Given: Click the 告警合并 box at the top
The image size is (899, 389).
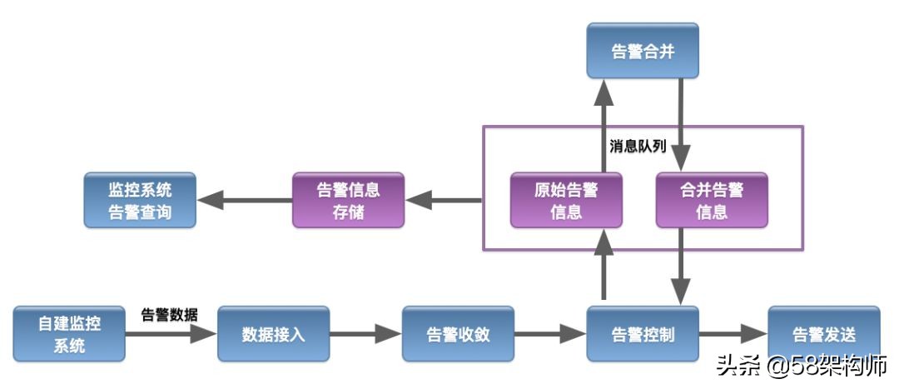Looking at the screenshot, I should click(642, 51).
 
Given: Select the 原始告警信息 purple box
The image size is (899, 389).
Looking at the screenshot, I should click(566, 200).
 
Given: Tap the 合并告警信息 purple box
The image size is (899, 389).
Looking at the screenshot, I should click(712, 200).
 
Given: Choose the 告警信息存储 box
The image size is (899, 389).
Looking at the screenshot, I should click(348, 200).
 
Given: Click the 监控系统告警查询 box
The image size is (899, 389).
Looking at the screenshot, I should click(140, 200).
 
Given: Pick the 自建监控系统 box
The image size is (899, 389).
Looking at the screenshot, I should click(69, 334).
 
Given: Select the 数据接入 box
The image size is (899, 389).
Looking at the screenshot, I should click(273, 334).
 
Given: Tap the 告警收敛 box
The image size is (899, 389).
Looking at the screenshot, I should click(458, 334).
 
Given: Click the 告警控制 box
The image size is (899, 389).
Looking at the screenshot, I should click(642, 334).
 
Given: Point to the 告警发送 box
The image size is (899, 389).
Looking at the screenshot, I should click(822, 334).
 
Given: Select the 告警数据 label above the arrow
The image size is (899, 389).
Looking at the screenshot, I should click(169, 314).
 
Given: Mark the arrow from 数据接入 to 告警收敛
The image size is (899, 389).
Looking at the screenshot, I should click(365, 334).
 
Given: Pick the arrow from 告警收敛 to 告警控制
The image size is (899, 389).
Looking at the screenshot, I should click(549, 334).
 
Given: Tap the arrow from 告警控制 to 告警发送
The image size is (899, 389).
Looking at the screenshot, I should click(733, 334).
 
